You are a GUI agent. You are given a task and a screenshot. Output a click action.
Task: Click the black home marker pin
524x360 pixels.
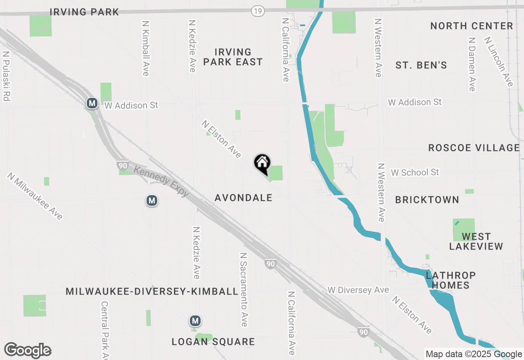tap(262, 164)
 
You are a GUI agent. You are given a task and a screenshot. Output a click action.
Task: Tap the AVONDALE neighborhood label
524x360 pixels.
tap(244, 198)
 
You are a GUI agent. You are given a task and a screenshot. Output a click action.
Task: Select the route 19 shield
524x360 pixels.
tap(257, 12)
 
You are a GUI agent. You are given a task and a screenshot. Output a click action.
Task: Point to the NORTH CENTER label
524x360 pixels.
tap(472, 26)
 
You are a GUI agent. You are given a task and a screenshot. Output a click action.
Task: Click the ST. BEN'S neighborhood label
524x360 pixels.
tap(421, 65)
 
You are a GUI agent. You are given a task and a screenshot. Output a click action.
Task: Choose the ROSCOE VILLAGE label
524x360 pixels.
tap(474, 148)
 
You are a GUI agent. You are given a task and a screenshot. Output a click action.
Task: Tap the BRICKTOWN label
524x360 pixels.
tap(427, 200)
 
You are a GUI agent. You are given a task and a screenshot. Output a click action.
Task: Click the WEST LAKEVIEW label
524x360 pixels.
tap(476, 241)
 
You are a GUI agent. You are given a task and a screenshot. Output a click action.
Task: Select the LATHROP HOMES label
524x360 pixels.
tap(451, 280)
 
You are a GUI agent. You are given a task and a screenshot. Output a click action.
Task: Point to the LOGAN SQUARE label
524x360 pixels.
tap(213, 342)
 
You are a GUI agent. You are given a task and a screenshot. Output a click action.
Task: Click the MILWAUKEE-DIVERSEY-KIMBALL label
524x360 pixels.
tap(152, 292)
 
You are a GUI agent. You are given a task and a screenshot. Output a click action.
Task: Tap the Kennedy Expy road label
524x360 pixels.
tap(161, 181)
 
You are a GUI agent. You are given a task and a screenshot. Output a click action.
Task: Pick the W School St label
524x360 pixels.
tap(415, 173)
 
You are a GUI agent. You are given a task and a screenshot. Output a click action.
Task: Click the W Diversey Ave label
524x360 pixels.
tap(358, 290)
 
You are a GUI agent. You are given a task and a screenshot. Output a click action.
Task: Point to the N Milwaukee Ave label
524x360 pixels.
tap(35, 196)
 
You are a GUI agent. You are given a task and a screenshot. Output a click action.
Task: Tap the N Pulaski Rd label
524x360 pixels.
tap(6, 76)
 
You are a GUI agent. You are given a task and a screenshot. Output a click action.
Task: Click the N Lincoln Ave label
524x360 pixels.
tap(498, 62)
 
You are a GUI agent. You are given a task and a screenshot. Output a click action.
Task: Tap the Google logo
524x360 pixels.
tap(28, 351)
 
